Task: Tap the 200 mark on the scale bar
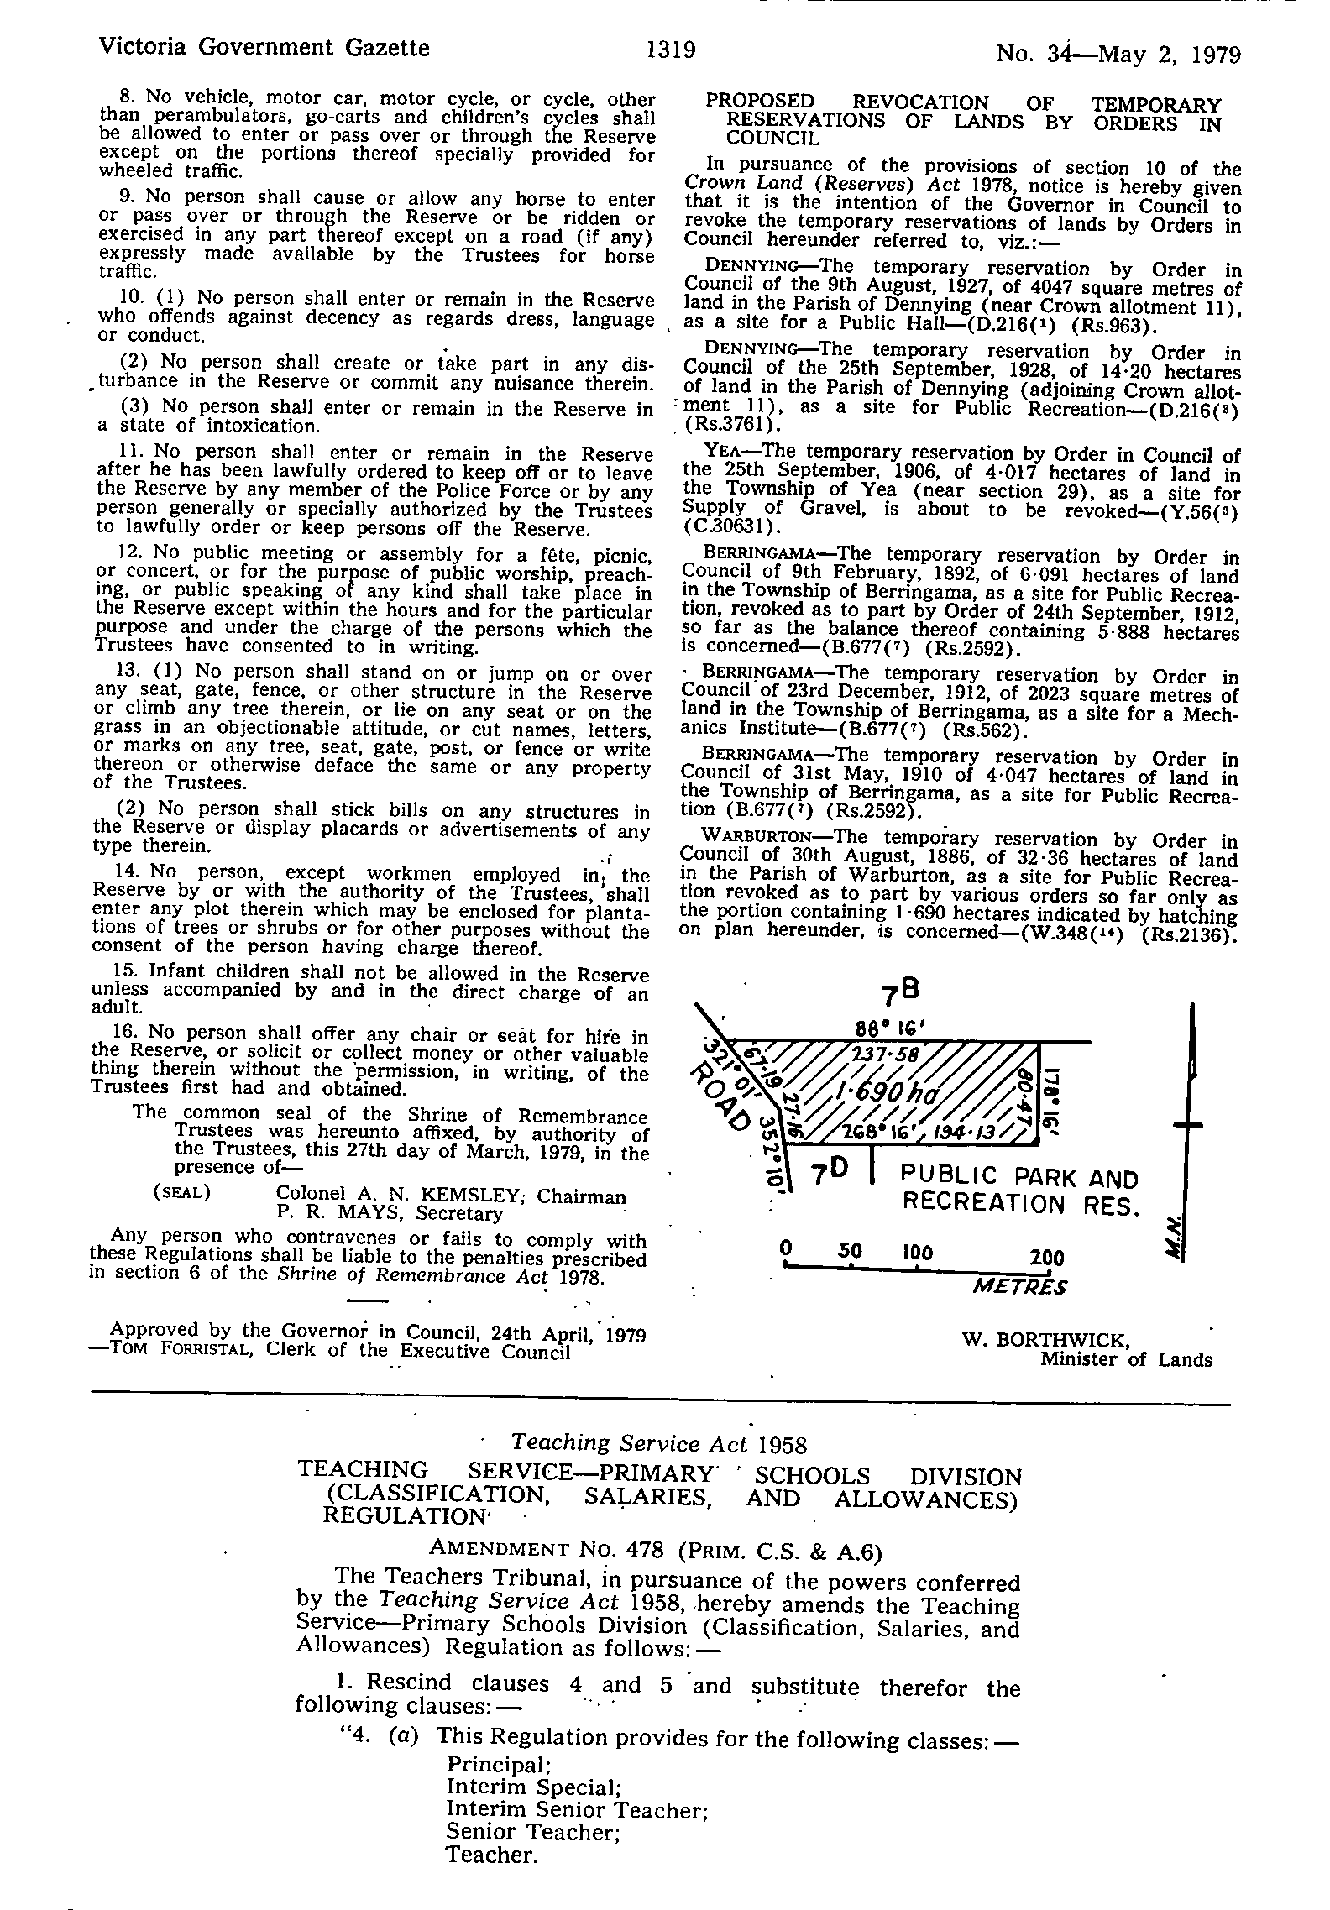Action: (x=1046, y=1257)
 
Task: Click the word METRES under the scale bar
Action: (x=1018, y=1286)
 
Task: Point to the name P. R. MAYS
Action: (x=331, y=1213)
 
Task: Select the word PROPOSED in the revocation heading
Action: (x=759, y=102)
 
